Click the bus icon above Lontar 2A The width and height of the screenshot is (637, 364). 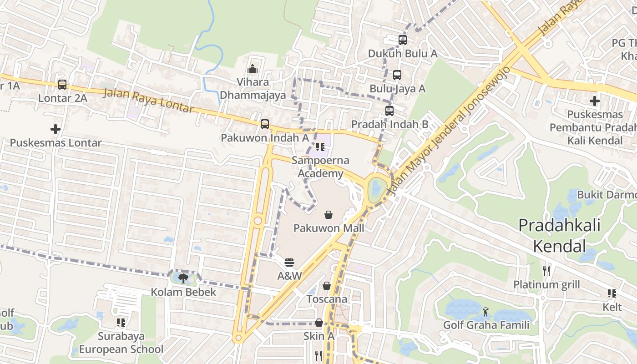tap(62, 85)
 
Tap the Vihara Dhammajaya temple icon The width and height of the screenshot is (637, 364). tap(252, 69)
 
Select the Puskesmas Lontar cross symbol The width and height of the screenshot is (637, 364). tap(56, 129)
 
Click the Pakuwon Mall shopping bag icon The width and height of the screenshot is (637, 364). tap(329, 214)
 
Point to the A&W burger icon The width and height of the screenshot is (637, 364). tap(289, 263)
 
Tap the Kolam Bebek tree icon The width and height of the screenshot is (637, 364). tap(183, 278)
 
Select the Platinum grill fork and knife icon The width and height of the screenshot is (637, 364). tap(546, 271)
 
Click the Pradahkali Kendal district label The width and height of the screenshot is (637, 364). tap(559, 236)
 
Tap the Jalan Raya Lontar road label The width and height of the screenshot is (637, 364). tap(149, 101)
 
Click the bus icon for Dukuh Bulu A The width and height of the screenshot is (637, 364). tap(403, 40)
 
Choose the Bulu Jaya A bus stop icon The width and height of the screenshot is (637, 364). tap(397, 75)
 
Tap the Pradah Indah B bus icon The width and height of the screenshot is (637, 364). tap(389, 111)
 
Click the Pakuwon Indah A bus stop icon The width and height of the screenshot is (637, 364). tap(265, 124)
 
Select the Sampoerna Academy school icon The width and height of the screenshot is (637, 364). tap(320, 147)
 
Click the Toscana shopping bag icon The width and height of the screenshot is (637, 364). tap(327, 286)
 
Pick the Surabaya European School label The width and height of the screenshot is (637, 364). tap(121, 343)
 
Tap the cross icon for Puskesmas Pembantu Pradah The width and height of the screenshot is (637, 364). tap(594, 101)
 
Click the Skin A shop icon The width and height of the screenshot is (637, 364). tap(319, 323)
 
